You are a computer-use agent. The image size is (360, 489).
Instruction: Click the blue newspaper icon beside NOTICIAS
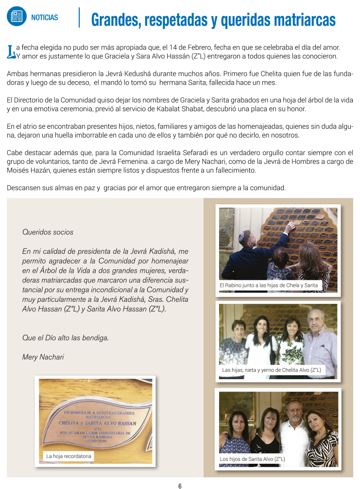(x=17, y=17)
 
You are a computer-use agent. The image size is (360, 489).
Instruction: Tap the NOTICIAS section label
(x=44, y=17)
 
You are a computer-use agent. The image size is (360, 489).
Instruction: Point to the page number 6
(x=180, y=486)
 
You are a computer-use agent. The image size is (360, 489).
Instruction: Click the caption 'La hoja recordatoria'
(x=69, y=456)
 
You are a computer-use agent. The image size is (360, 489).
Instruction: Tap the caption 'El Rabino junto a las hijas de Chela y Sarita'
(x=269, y=285)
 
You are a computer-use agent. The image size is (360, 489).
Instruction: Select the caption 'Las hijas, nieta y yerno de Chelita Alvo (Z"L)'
(x=272, y=370)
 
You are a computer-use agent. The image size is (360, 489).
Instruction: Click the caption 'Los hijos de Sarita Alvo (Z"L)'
(x=252, y=459)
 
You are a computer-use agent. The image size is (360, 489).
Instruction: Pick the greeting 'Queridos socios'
(x=48, y=232)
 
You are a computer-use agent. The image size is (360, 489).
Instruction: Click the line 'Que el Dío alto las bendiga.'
(x=66, y=337)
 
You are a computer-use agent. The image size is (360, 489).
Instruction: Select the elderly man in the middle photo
(x=320, y=340)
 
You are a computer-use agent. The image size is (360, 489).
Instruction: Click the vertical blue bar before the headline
(x=79, y=17)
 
